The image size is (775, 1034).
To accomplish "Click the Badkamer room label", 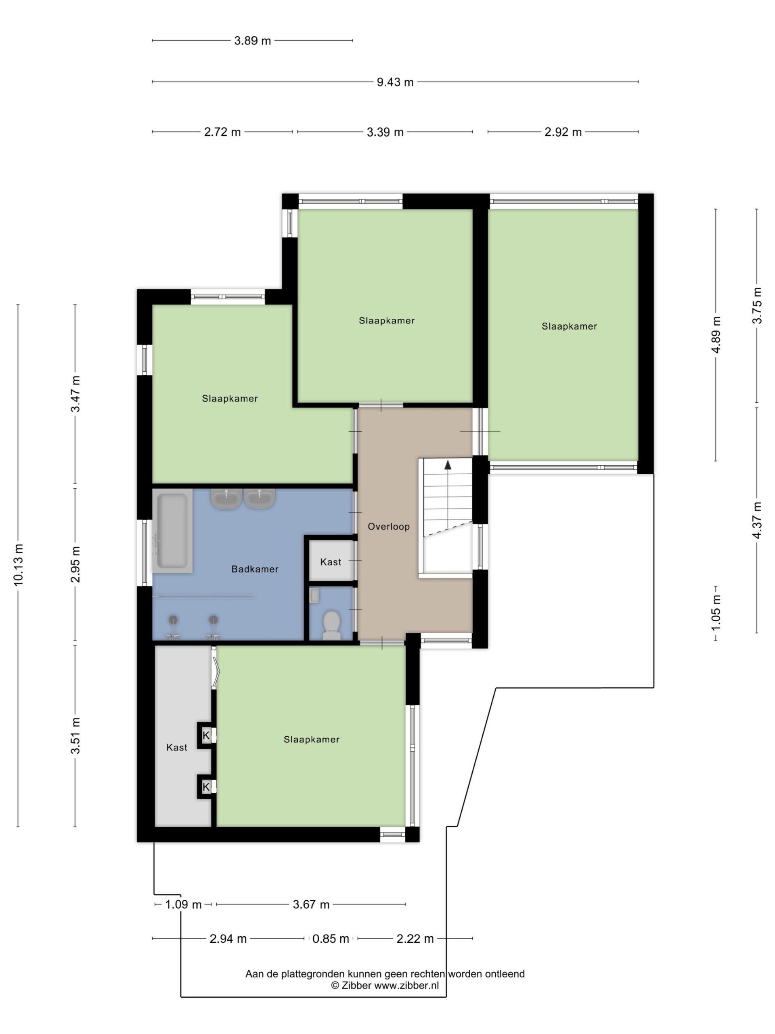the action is point(255,569).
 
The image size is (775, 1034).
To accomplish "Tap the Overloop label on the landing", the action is point(388,526).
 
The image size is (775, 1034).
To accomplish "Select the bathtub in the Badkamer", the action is point(172,531).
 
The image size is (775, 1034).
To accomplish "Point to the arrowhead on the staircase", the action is point(448,464).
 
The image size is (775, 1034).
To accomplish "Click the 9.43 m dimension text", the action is point(395,82).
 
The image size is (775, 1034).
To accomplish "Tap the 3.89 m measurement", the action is point(252,41).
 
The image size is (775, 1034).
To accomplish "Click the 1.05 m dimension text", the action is point(716,613).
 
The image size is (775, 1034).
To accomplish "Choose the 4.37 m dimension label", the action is point(757,520).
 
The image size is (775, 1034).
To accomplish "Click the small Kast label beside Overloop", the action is point(330,562).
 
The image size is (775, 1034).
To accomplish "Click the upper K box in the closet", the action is point(206,736).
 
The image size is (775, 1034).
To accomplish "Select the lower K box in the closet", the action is point(206,787).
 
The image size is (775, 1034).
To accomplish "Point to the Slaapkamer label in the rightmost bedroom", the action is point(569,326).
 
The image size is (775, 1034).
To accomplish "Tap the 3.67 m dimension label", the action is point(311,904).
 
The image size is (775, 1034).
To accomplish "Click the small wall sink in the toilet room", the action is point(314,595).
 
